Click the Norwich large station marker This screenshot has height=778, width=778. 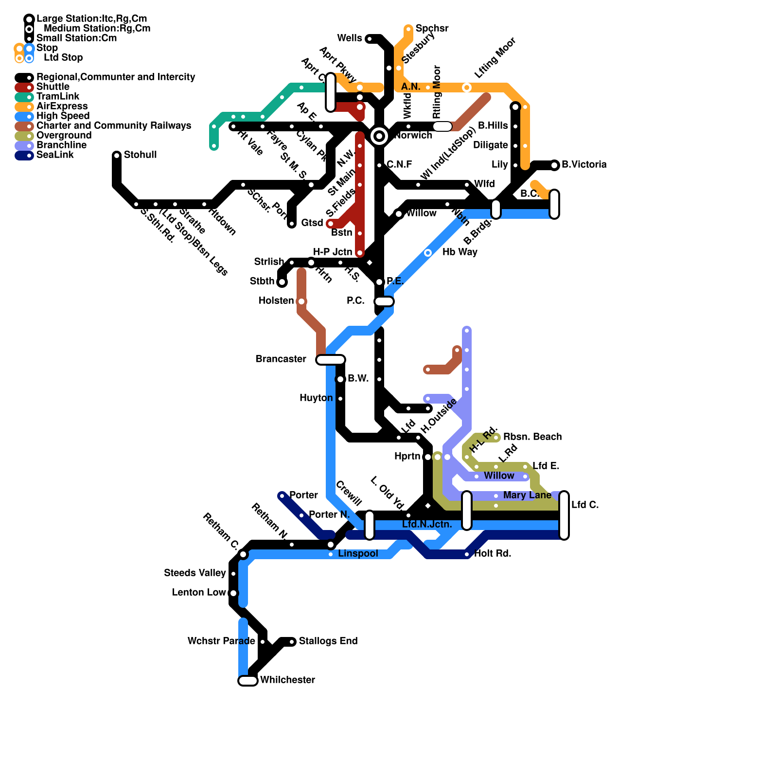[x=379, y=136]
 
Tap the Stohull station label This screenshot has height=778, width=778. [x=140, y=155]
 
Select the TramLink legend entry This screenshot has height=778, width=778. [x=57, y=96]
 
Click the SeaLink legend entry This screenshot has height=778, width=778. [x=55, y=155]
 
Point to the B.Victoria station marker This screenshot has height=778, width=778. [x=555, y=165]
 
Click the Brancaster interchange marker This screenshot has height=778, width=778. [x=331, y=360]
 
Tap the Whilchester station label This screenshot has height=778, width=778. [x=287, y=680]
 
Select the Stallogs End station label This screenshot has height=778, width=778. [x=328, y=641]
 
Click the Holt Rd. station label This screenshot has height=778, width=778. [x=492, y=553]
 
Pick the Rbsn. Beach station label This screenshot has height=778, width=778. [x=532, y=437]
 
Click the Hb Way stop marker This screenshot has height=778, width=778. [x=428, y=253]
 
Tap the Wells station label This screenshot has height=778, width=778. [x=349, y=38]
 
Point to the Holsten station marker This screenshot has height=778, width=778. [x=301, y=301]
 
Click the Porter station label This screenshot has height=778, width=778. [x=303, y=495]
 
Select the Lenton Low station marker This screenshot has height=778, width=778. [x=233, y=593]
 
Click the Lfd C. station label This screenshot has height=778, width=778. [x=585, y=505]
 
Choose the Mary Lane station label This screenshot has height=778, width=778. [x=527, y=495]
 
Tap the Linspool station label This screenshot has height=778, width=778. [x=358, y=553]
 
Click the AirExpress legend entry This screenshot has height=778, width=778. [x=62, y=106]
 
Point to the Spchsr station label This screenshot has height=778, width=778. [x=432, y=28]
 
